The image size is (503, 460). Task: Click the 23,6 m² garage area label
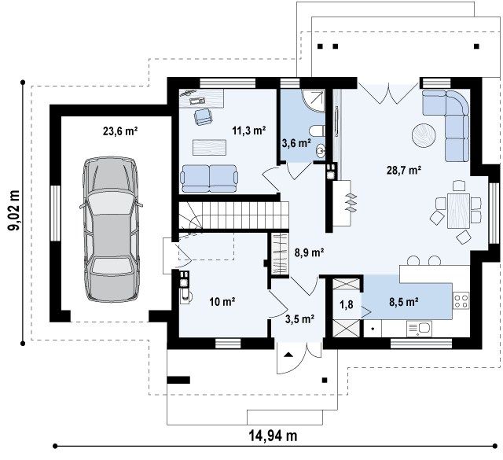coord(120,131)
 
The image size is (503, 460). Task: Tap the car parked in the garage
coord(111,230)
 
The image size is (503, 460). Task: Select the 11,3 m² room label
coord(249,131)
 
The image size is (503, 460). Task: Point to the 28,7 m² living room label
coord(403,170)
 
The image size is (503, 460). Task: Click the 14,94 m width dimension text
coord(274,436)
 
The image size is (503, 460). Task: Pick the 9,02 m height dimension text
coord(14,210)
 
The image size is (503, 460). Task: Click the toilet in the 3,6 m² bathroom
coord(317,131)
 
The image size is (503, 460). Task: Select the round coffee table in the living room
coord(424,135)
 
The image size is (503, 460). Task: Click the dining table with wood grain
coord(458,211)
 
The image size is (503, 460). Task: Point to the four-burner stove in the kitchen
coord(461,301)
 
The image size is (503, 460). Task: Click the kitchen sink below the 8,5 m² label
coord(419,329)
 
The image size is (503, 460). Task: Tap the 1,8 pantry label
coord(347,304)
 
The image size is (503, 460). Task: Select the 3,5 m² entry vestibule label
coord(299,318)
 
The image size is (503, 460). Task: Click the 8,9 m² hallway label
coord(309,253)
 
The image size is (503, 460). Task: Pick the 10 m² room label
coord(222,302)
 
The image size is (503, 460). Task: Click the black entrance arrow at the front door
coord(288,355)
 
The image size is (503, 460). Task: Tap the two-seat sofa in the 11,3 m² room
coord(209,178)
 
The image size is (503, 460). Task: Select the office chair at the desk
coord(203,117)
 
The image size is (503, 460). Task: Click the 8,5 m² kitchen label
coord(403,302)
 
